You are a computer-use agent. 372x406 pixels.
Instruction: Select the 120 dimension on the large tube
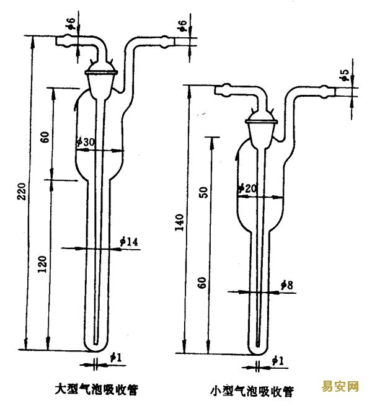tap(43, 265)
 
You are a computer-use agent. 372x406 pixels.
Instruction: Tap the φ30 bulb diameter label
tap(86, 142)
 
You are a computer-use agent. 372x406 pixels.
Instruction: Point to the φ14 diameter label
tap(129, 241)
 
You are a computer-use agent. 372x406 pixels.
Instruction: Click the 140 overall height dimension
tap(179, 222)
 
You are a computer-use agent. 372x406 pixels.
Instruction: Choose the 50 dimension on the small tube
tap(204, 192)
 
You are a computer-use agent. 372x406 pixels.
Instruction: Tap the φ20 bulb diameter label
tap(247, 188)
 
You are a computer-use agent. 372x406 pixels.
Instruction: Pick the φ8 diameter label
tap(287, 285)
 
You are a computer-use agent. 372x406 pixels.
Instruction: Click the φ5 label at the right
tap(345, 76)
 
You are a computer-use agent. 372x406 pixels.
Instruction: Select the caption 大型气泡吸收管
tap(96, 390)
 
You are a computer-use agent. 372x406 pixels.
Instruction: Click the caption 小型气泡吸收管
tap(252, 391)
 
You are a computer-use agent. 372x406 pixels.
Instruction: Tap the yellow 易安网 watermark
tap(340, 387)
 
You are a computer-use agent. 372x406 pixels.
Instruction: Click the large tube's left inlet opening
tap(57, 42)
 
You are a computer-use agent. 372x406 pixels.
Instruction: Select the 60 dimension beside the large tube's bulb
tap(45, 137)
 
